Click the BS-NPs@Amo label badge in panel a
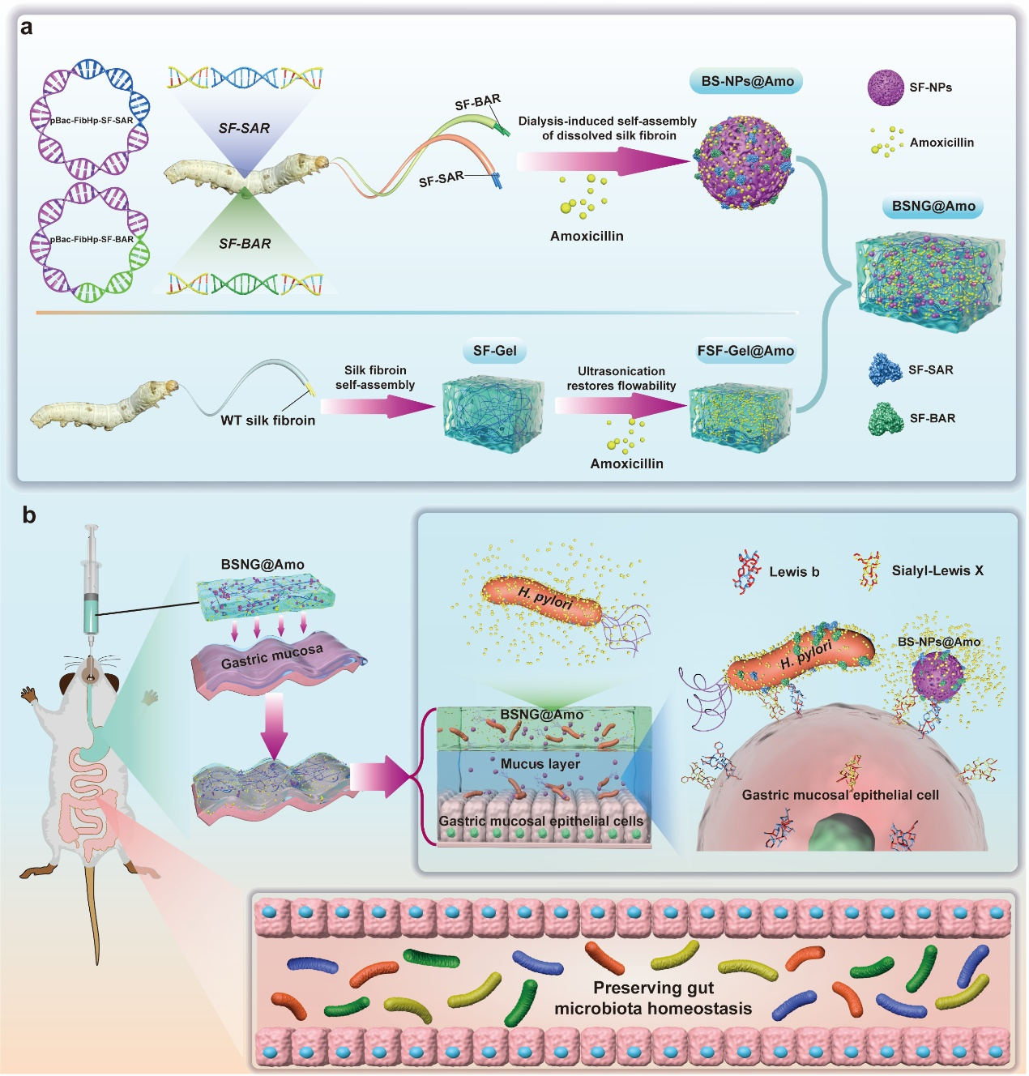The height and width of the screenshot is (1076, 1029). pyautogui.click(x=747, y=81)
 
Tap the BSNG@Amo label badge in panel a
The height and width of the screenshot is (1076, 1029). pyautogui.click(x=933, y=206)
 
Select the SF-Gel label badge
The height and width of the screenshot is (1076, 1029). pyautogui.click(x=494, y=351)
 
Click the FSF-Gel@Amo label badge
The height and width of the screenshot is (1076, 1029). pyautogui.click(x=745, y=351)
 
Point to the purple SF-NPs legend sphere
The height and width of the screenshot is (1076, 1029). pyautogui.click(x=886, y=88)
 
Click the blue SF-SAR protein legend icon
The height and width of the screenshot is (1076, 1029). pyautogui.click(x=885, y=370)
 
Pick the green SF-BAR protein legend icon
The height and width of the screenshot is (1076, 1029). pyautogui.click(x=886, y=419)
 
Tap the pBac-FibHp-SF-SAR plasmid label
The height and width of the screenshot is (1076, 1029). pyautogui.click(x=92, y=121)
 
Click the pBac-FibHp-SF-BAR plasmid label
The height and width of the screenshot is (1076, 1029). pyautogui.click(x=92, y=240)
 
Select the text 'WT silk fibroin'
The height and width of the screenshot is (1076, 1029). pyautogui.click(x=267, y=421)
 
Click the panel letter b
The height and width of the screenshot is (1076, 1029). pyautogui.click(x=29, y=515)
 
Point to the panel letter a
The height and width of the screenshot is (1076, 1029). pyautogui.click(x=27, y=28)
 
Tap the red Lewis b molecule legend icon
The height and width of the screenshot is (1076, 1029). pyautogui.click(x=747, y=570)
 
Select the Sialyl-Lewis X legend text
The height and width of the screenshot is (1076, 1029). pyautogui.click(x=937, y=570)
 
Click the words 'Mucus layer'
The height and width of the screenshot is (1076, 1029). pyautogui.click(x=540, y=764)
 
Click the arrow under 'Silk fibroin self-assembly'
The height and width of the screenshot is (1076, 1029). pyautogui.click(x=378, y=405)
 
